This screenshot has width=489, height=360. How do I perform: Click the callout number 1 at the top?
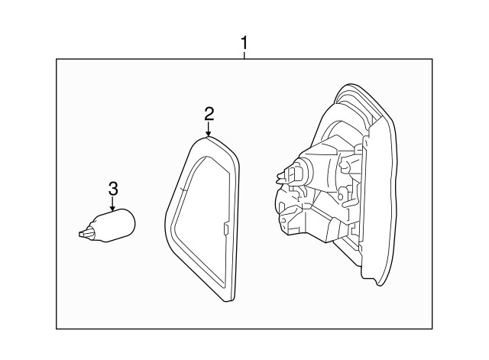pos(244,43)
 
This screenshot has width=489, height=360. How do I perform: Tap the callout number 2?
pos(209,115)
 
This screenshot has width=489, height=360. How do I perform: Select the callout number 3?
pos(112,188)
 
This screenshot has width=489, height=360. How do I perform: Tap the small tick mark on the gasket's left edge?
pos(183,188)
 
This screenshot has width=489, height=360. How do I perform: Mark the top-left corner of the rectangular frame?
pos(57,59)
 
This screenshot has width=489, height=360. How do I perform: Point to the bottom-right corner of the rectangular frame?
pos(432,329)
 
